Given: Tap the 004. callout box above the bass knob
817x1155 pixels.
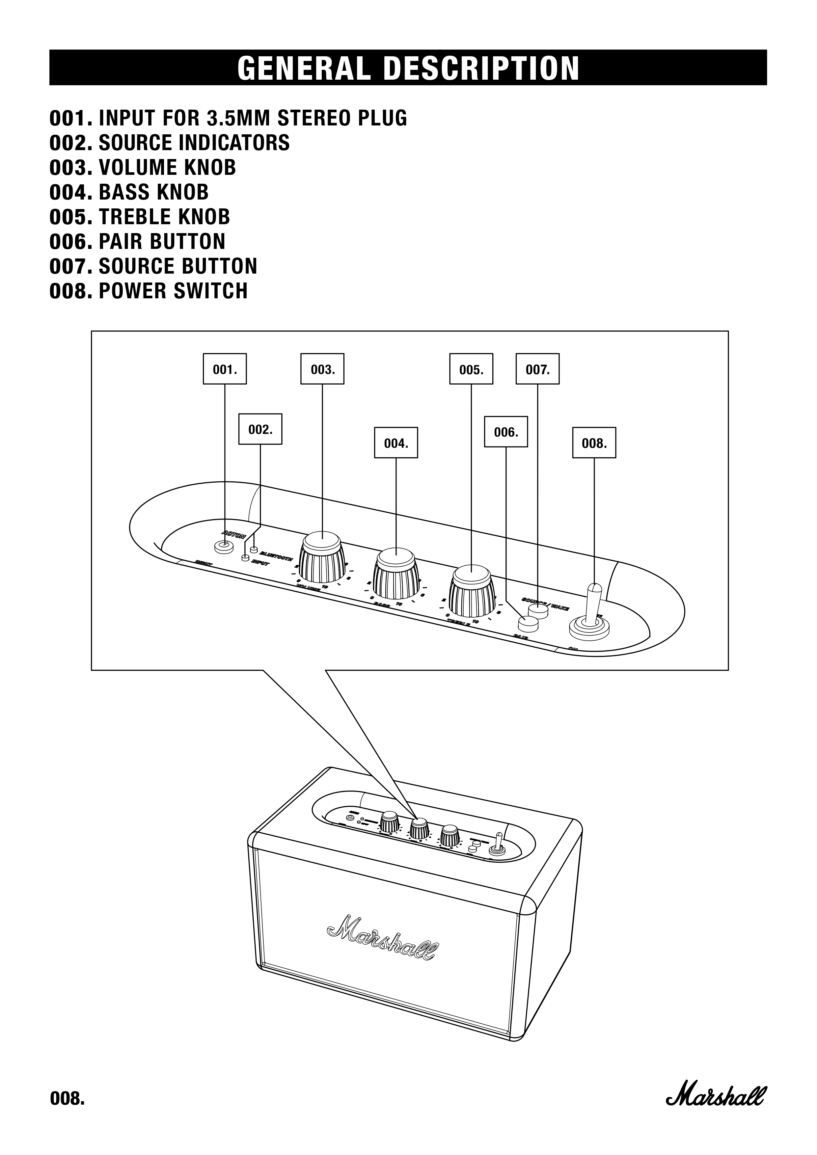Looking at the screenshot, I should tap(396, 443).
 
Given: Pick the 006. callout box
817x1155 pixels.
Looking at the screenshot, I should tap(505, 432).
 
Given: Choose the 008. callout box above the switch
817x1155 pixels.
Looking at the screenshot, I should tap(594, 443).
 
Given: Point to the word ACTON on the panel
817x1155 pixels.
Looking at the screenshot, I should tap(234, 534).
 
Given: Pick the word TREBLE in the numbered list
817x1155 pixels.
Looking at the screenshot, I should tap(130, 217).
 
